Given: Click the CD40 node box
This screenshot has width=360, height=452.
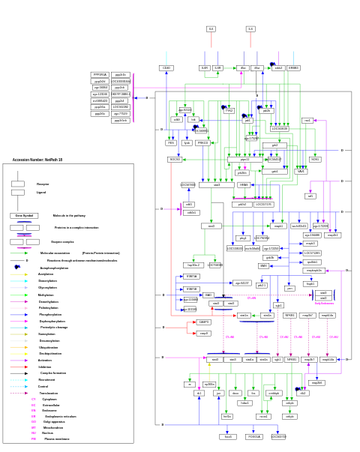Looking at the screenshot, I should pyautogui.click(x=166, y=68).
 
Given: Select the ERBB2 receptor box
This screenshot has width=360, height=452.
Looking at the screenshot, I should pyautogui.click(x=293, y=68).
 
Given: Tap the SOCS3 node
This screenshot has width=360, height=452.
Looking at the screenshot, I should pyautogui.click(x=175, y=160).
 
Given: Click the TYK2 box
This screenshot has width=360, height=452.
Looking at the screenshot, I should pyautogui.click(x=229, y=110).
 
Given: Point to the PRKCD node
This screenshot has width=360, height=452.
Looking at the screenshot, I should pyautogui.click(x=203, y=142).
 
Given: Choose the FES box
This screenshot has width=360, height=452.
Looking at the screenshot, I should pyautogui.click(x=171, y=142).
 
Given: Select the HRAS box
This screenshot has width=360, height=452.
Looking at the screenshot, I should pyautogui.click(x=244, y=184).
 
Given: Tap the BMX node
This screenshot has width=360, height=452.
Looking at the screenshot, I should pyautogui.click(x=264, y=265).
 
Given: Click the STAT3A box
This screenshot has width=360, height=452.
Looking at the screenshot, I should pyautogui.click(x=192, y=277).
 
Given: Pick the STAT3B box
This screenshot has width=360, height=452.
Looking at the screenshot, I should pyautogui.click(x=192, y=289).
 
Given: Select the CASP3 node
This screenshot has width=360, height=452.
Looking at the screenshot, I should pyautogui.click(x=204, y=322).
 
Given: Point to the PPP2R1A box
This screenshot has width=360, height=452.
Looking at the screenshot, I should pyautogui.click(x=100, y=75).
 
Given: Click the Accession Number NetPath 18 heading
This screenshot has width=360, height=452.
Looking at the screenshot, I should pyautogui.click(x=37, y=160).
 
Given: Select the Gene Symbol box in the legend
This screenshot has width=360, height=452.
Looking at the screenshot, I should pyautogui.click(x=24, y=216).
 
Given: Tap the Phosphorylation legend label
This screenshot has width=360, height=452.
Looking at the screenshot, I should pyautogui.click(x=50, y=315).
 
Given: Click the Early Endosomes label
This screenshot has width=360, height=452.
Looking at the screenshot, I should pyautogui.click(x=324, y=304).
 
